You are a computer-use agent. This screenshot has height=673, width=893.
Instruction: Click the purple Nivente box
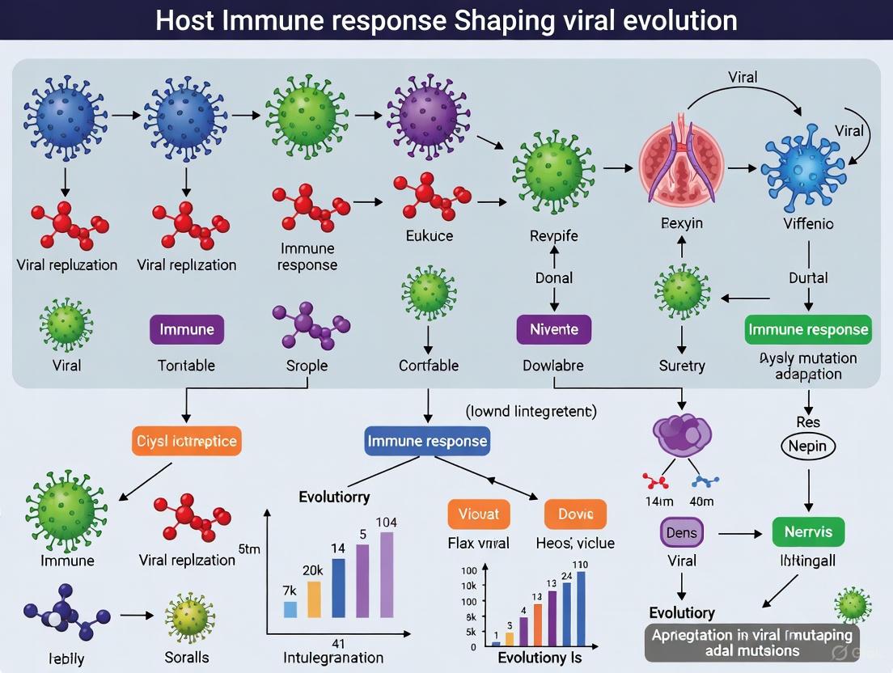pyautogui.click(x=554, y=329)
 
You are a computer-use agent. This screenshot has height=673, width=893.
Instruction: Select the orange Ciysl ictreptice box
pyautogui.click(x=186, y=441)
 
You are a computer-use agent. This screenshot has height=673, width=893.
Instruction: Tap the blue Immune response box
pyautogui.click(x=427, y=441)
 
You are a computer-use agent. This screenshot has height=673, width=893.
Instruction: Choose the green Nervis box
pyautogui.click(x=808, y=532)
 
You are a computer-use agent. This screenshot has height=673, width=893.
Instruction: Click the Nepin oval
pyautogui.click(x=808, y=446)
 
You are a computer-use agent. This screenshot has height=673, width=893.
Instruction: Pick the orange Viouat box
pyautogui.click(x=479, y=514)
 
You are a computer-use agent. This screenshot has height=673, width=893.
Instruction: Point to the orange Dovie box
pyautogui.click(x=575, y=514)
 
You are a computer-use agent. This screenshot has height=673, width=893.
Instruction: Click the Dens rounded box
pyautogui.click(x=681, y=532)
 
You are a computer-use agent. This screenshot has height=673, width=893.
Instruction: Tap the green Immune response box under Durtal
pyautogui.click(x=808, y=329)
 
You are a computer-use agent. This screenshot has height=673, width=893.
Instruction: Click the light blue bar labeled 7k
pyautogui.click(x=290, y=609)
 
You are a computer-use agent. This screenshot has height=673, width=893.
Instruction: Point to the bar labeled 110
pyautogui.click(x=580, y=607)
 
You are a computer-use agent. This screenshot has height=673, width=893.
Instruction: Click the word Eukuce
pyautogui.click(x=429, y=236)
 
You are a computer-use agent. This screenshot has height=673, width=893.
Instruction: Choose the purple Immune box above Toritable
pyautogui.click(x=187, y=329)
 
